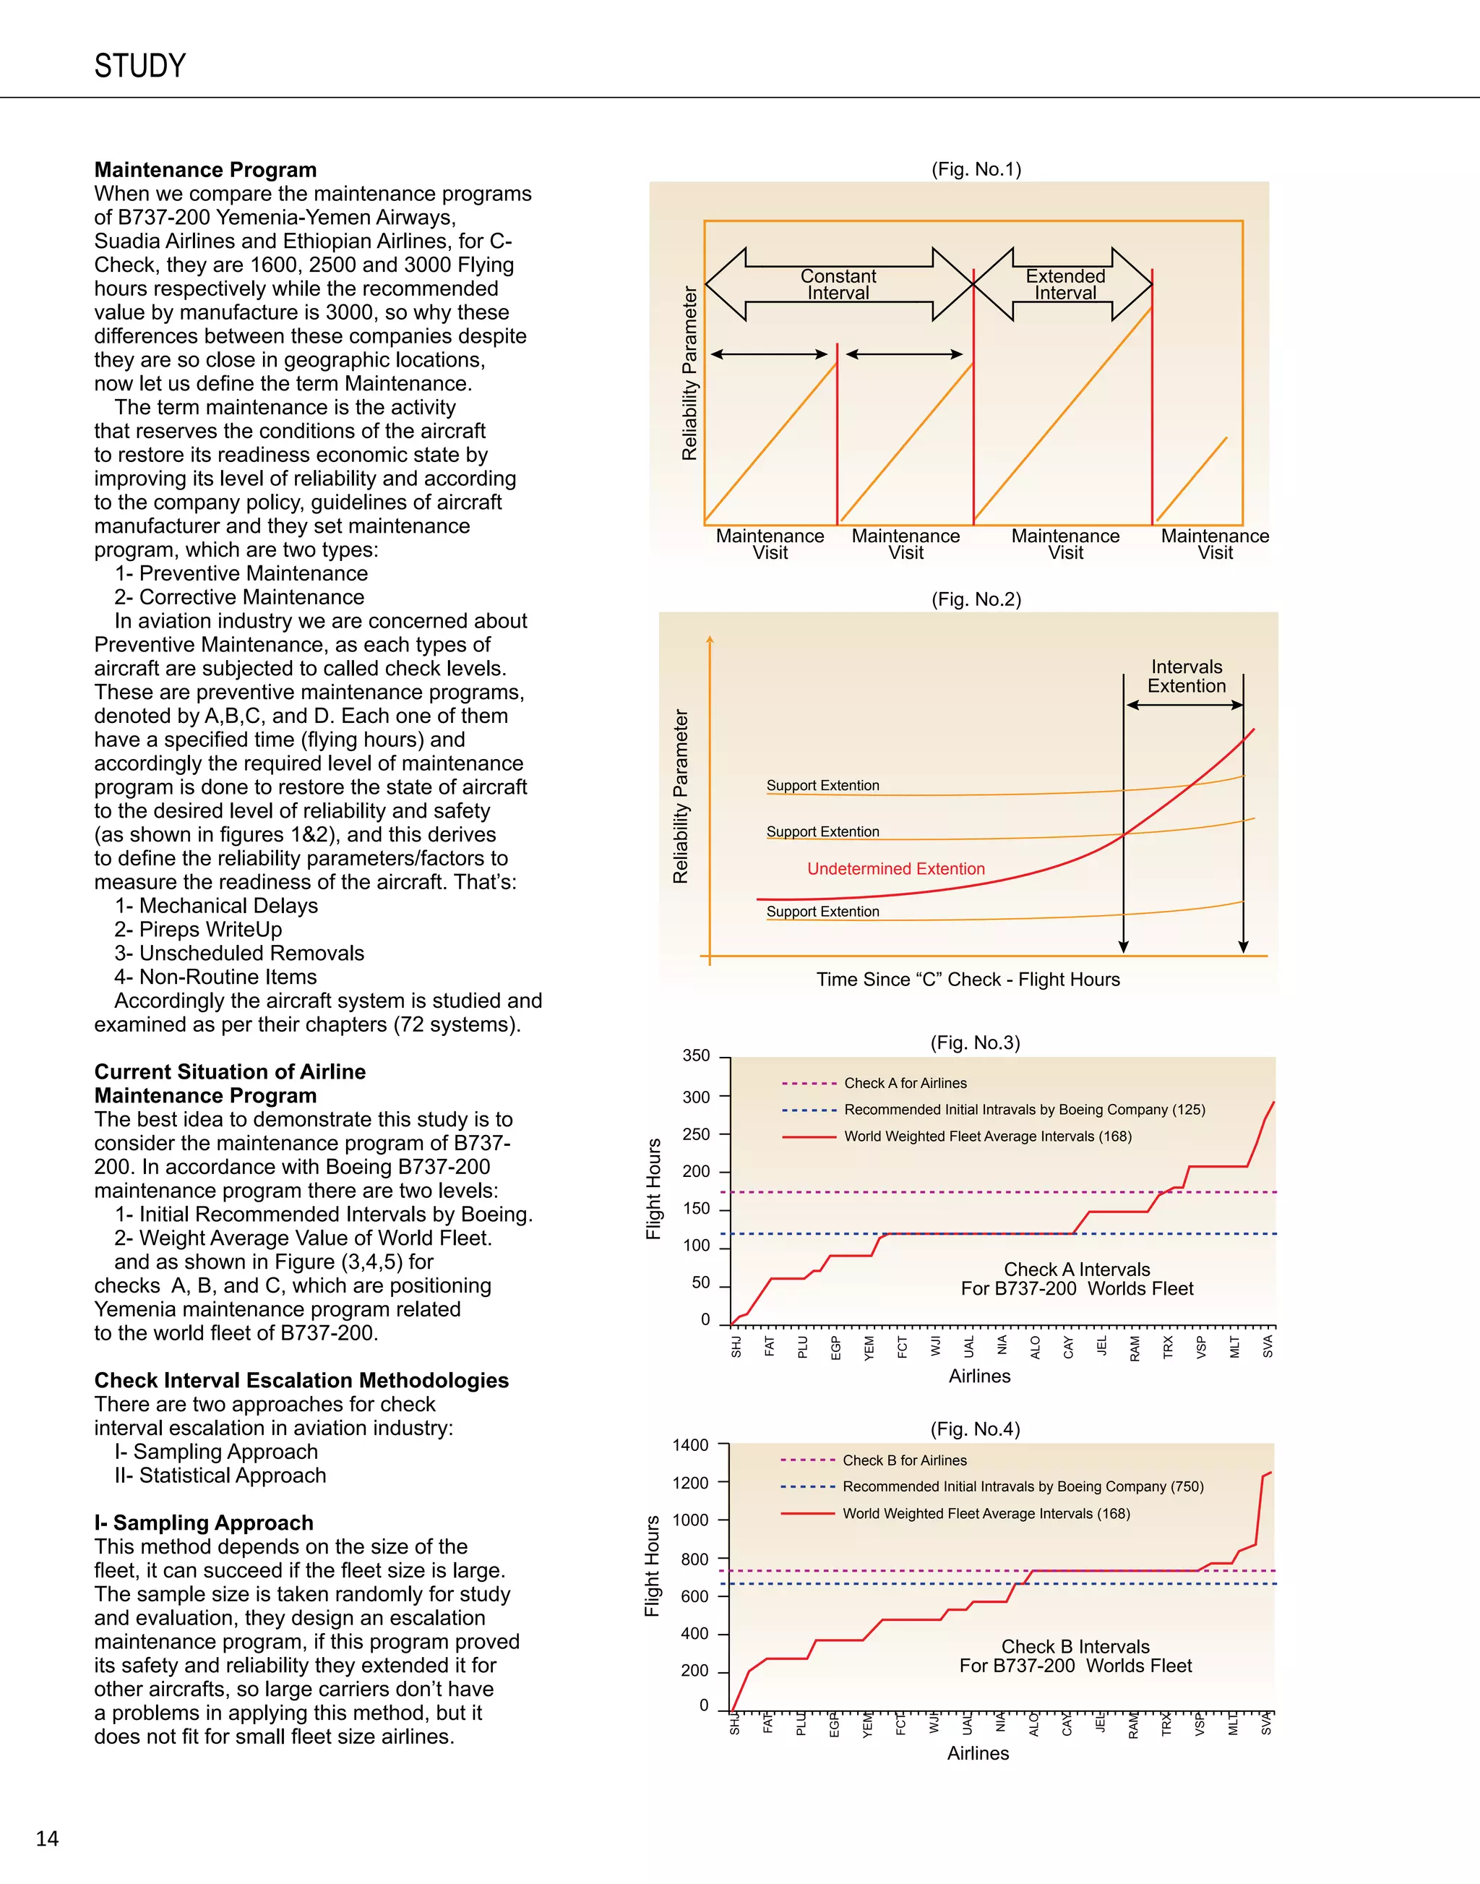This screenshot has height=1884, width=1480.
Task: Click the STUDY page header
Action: [x=139, y=66]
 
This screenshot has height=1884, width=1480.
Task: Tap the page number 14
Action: [x=47, y=1838]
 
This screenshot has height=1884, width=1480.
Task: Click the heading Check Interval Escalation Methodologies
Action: [x=301, y=1380]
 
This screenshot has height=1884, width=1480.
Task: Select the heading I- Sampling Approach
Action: [x=204, y=1523]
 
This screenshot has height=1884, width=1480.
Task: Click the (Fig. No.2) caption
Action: [x=976, y=599]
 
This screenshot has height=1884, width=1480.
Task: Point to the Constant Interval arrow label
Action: [x=838, y=284]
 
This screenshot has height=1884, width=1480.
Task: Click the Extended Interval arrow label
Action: [x=1065, y=284]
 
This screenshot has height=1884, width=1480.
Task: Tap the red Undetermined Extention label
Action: [x=895, y=869]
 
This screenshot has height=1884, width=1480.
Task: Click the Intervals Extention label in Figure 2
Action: [x=1187, y=676]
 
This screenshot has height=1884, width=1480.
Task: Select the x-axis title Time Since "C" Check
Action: [x=968, y=980]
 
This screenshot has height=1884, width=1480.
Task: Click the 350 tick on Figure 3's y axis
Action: [x=696, y=1056]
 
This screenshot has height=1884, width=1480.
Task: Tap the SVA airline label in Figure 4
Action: [x=1267, y=1724]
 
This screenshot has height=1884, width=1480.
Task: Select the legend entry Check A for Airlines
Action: [x=905, y=1083]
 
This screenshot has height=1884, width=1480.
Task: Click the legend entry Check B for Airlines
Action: [x=904, y=1460]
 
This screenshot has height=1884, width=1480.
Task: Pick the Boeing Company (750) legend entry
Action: [x=1023, y=1486]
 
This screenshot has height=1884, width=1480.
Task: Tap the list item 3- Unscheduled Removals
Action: [x=239, y=953]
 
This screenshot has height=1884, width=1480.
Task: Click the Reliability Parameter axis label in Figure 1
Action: [x=689, y=373]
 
